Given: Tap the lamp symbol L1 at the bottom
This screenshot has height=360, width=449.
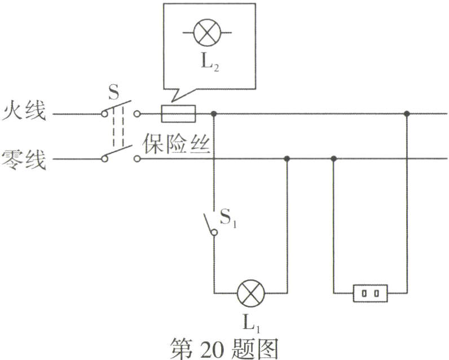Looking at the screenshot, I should click(x=250, y=293).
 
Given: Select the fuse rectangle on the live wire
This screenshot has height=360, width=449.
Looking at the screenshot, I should click(x=179, y=113).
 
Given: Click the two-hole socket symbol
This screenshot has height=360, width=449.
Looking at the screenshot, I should click(x=370, y=293).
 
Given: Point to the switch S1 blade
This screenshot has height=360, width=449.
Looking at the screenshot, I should click(x=209, y=223).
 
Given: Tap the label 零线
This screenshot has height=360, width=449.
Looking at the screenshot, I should click(x=23, y=157).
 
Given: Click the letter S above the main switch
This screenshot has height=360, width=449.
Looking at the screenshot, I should click(x=113, y=91).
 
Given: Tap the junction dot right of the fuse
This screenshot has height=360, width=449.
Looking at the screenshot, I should click(x=214, y=113).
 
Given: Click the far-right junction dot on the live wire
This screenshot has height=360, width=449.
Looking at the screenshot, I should click(x=406, y=113).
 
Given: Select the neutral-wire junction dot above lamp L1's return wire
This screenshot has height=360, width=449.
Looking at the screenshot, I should click(x=287, y=159).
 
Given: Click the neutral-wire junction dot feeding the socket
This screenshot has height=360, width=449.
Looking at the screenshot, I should click(x=333, y=159).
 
